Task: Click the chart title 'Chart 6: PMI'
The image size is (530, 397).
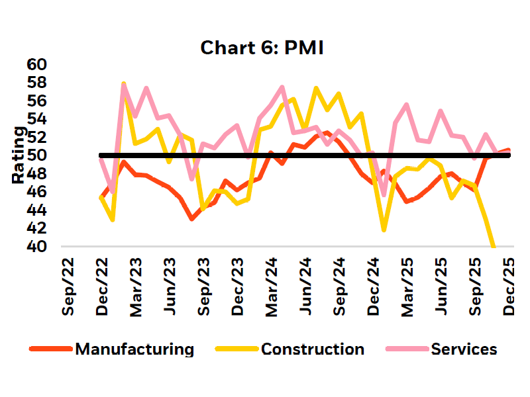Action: click(262, 48)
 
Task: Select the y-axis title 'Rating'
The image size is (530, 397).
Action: click(19, 155)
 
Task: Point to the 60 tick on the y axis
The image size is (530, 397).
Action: click(37, 65)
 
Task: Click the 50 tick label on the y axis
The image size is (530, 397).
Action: click(37, 155)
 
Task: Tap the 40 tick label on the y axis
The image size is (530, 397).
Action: click(37, 246)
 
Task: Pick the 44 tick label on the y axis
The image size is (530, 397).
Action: click(37, 210)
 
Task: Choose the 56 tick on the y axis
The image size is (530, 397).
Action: click(37, 101)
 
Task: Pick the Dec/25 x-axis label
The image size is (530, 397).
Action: click(510, 286)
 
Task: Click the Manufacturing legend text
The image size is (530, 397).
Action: click(134, 349)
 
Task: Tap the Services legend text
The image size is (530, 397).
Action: click(464, 349)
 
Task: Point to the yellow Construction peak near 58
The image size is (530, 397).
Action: click(124, 84)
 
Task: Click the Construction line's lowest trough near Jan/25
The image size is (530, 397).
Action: click(384, 230)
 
